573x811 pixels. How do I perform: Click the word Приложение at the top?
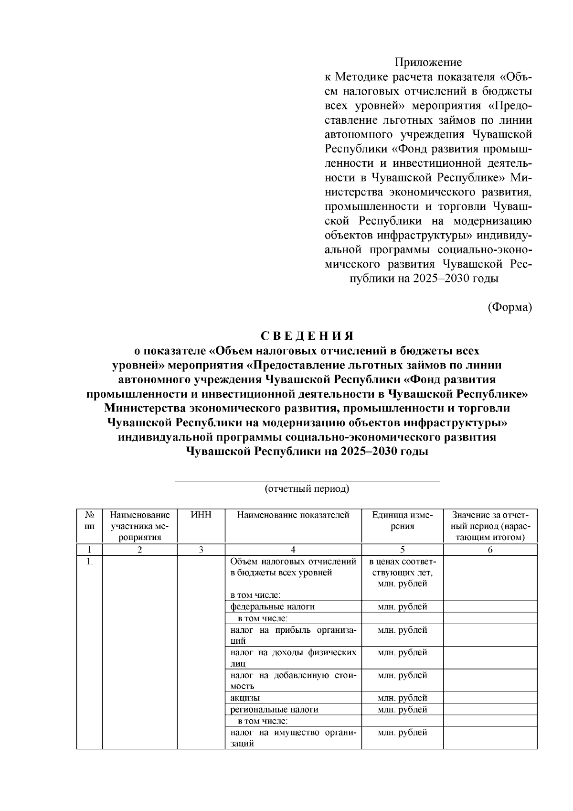[428, 63]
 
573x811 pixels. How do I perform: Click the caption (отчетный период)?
[307, 488]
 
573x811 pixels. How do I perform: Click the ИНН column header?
[201, 515]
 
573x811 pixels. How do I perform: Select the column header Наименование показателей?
[293, 515]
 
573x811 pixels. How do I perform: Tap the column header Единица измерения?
[403, 520]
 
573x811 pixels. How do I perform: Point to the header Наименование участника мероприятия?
[140, 526]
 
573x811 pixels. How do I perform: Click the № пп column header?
[89, 520]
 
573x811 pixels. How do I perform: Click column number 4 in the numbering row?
[293, 550]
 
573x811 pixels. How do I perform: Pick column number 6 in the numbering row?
[490, 550]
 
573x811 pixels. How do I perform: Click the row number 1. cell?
[89, 562]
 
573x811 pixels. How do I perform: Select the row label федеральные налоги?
[273, 606]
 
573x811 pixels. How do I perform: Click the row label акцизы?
[245, 698]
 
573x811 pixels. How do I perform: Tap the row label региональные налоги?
[274, 710]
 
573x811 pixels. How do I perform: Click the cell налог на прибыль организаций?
[293, 635]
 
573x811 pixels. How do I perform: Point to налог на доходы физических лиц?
[293, 658]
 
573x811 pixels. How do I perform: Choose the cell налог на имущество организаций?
[293, 737]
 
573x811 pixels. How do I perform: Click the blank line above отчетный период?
[307, 481]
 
